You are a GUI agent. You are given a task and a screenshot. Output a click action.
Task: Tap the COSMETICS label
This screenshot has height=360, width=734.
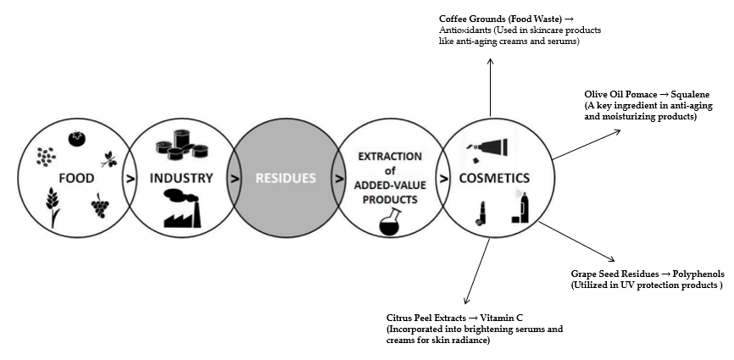[x=494, y=179]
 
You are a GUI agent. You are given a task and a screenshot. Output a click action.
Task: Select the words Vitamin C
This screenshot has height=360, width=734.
[x=492, y=318]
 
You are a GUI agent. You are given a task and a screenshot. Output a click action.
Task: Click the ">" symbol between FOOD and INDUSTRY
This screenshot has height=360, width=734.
[x=130, y=179]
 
